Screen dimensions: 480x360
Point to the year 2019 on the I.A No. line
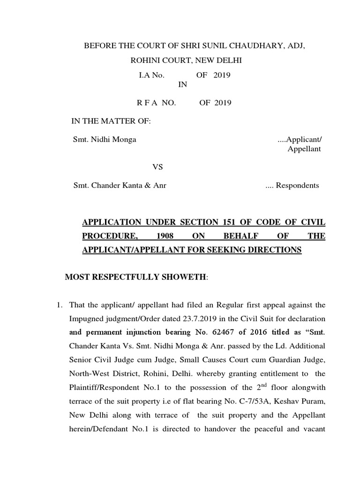[x=222, y=75]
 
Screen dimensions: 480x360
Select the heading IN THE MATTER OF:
[x=111, y=121]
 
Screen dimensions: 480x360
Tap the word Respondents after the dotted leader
[x=297, y=185]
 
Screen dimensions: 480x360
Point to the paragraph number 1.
[x=60, y=305]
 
